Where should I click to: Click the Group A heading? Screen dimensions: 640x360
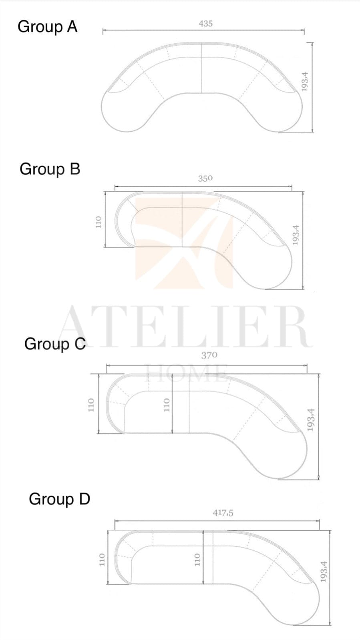click(x=47, y=27)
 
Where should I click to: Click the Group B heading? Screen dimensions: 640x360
click(x=50, y=169)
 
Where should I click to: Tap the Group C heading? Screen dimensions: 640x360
click(x=55, y=344)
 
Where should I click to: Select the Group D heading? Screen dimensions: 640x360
click(x=59, y=499)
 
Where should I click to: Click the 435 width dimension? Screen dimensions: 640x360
click(x=205, y=24)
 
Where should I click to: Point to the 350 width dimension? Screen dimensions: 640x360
click(x=205, y=179)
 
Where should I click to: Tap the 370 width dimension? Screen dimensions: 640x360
click(x=209, y=355)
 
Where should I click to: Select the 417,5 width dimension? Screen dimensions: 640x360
click(x=223, y=513)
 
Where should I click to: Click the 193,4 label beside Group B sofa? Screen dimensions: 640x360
click(x=296, y=235)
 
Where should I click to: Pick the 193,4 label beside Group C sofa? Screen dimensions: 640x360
click(x=311, y=420)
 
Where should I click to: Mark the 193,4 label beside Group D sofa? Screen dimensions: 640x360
click(x=324, y=572)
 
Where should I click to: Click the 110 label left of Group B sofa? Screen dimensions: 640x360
click(x=99, y=222)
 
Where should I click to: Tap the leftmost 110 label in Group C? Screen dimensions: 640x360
click(x=91, y=405)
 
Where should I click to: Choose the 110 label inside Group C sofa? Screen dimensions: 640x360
click(x=167, y=405)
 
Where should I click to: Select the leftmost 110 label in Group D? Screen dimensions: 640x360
click(x=102, y=559)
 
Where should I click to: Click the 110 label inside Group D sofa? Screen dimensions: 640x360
click(x=197, y=559)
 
